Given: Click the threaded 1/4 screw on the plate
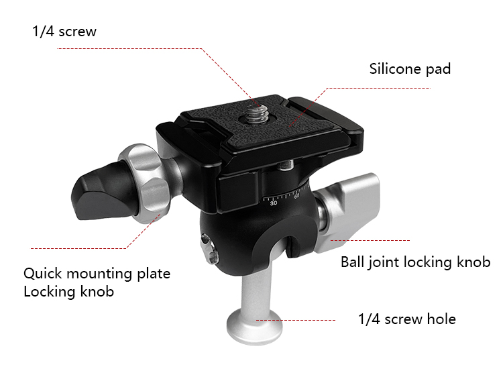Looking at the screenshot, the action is coord(258,113).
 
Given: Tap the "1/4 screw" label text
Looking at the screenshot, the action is coord(64,32).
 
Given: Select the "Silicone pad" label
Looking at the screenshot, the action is coord(410,69).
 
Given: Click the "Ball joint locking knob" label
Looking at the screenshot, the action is coord(415,262).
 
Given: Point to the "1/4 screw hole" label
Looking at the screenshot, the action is coord(407,319).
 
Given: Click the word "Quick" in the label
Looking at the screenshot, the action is coord(43,274).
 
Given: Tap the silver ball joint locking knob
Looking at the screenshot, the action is coord(348,213).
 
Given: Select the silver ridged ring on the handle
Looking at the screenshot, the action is coord(144,183).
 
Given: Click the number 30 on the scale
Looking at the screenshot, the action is coord(274,203).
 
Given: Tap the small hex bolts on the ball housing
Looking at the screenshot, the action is coord(209,249).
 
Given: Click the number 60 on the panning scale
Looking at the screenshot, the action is coord(296,196).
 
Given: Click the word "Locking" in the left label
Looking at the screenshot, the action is coord(50,292).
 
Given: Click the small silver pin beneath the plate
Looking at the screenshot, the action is coord(285,165).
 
